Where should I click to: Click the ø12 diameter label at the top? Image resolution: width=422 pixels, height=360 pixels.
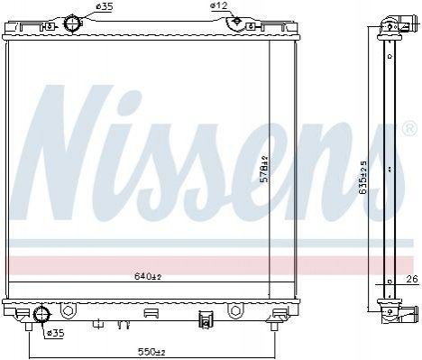point(219,5)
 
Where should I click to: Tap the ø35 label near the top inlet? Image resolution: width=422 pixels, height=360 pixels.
point(104,6)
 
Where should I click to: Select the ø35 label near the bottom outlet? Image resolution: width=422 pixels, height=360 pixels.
point(56,333)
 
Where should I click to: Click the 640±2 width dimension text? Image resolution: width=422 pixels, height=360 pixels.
point(148,276)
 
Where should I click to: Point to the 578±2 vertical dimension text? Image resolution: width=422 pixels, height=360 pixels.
point(264,169)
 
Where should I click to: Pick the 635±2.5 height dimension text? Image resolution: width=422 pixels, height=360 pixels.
point(363,177)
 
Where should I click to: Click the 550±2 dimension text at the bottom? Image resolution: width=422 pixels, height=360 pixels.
point(151,351)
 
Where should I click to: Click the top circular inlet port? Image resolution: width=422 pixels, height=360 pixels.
point(72,23)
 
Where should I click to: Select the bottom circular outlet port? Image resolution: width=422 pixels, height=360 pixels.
point(41,314)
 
